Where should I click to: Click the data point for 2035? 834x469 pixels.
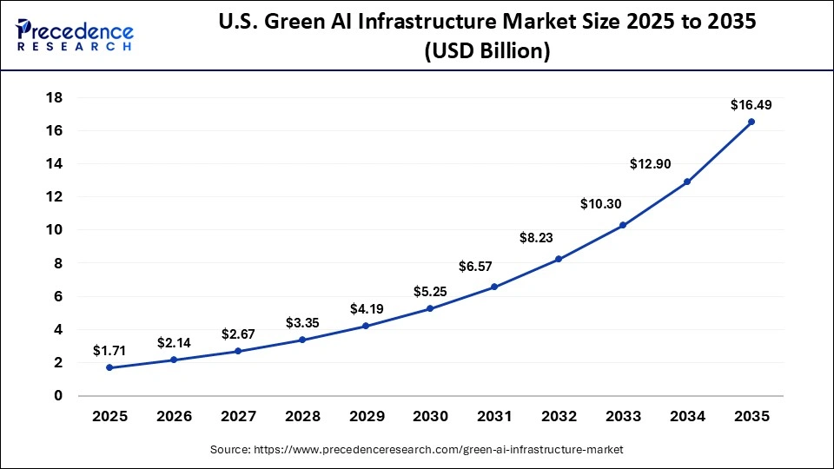pyautogui.click(x=751, y=122)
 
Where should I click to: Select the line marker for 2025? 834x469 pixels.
pyautogui.click(x=109, y=367)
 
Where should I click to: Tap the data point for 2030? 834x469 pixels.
pyautogui.click(x=430, y=308)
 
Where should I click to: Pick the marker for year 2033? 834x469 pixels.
pyautogui.click(x=623, y=225)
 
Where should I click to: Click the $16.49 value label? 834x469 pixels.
pyautogui.click(x=751, y=105)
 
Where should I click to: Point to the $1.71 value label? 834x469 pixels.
pyautogui.click(x=109, y=351)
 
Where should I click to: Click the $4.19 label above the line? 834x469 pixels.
pyautogui.click(x=366, y=308)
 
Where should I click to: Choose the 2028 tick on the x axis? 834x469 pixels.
pyautogui.click(x=301, y=417)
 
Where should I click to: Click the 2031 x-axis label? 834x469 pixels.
pyautogui.click(x=494, y=417)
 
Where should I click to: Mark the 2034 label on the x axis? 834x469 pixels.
pyautogui.click(x=687, y=417)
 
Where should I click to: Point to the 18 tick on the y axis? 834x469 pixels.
pyautogui.click(x=54, y=97)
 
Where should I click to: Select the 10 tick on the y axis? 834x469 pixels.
pyautogui.click(x=54, y=230)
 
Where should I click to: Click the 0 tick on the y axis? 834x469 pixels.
pyautogui.click(x=58, y=396)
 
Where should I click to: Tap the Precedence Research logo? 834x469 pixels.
pyautogui.click(x=74, y=35)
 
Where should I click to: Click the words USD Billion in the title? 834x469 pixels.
pyautogui.click(x=486, y=51)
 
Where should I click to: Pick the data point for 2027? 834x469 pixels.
pyautogui.click(x=237, y=351)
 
